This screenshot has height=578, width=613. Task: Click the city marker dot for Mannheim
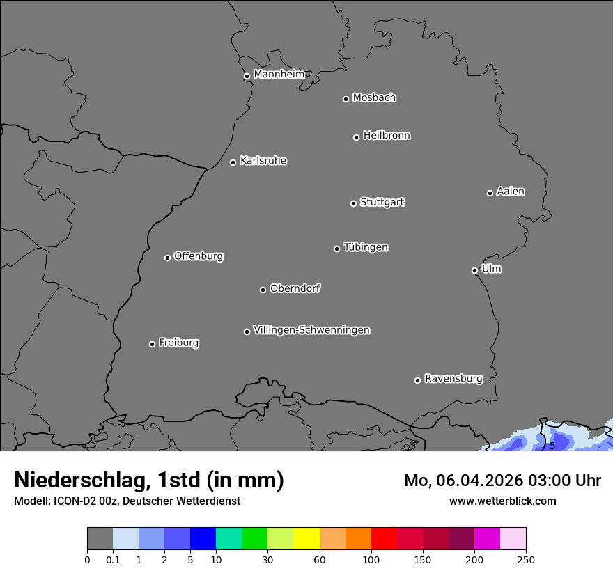tap(247, 77)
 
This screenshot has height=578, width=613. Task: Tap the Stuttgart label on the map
tap(382, 203)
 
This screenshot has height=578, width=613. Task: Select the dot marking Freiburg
tap(152, 344)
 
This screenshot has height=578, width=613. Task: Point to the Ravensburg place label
tap(453, 379)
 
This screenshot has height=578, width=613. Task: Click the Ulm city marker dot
tap(474, 270)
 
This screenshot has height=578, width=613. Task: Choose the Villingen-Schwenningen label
tap(311, 330)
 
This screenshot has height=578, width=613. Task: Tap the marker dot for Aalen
tap(490, 193)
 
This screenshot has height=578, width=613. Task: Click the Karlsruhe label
tap(263, 161)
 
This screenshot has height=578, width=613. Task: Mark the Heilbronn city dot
tap(356, 137)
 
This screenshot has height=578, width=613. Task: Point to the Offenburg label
tap(199, 256)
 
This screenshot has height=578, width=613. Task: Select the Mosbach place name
tap(374, 98)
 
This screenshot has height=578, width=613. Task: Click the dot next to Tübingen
tap(336, 249)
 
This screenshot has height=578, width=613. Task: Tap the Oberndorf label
tap(295, 288)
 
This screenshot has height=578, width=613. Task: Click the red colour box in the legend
tap(384, 539)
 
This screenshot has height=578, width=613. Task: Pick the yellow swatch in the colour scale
tap(306, 539)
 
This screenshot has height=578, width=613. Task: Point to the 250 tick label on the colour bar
tap(526, 559)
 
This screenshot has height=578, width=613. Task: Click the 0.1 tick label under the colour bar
tap(113, 559)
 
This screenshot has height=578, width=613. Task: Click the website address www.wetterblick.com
tap(502, 501)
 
